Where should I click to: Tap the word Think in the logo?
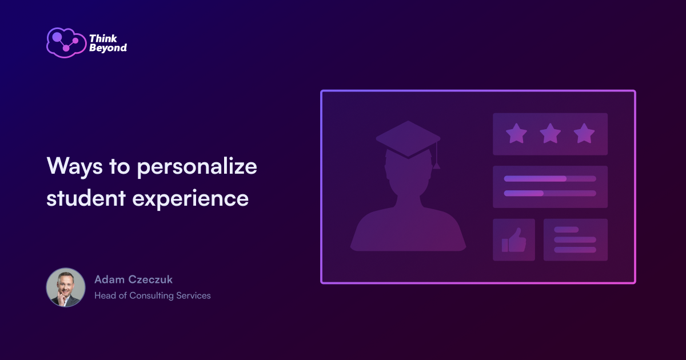pyautogui.click(x=102, y=39)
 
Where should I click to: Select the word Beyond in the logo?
pyautogui.click(x=108, y=49)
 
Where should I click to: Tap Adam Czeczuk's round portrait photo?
pyautogui.click(x=66, y=287)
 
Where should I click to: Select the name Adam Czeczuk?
pyautogui.click(x=133, y=279)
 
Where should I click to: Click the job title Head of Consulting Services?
pyautogui.click(x=153, y=295)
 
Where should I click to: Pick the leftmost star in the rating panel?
pyautogui.click(x=516, y=134)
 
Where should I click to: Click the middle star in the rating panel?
pyautogui.click(x=550, y=134)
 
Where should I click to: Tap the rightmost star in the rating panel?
pyautogui.click(x=584, y=134)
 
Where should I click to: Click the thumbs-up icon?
pyautogui.click(x=514, y=240)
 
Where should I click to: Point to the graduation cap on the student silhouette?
pyautogui.click(x=408, y=138)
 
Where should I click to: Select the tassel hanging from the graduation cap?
pyautogui.click(x=436, y=160)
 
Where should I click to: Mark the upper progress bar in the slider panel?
pyautogui.click(x=550, y=178)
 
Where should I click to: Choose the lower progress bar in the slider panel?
pyautogui.click(x=550, y=193)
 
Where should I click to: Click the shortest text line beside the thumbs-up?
pyautogui.click(x=567, y=230)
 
